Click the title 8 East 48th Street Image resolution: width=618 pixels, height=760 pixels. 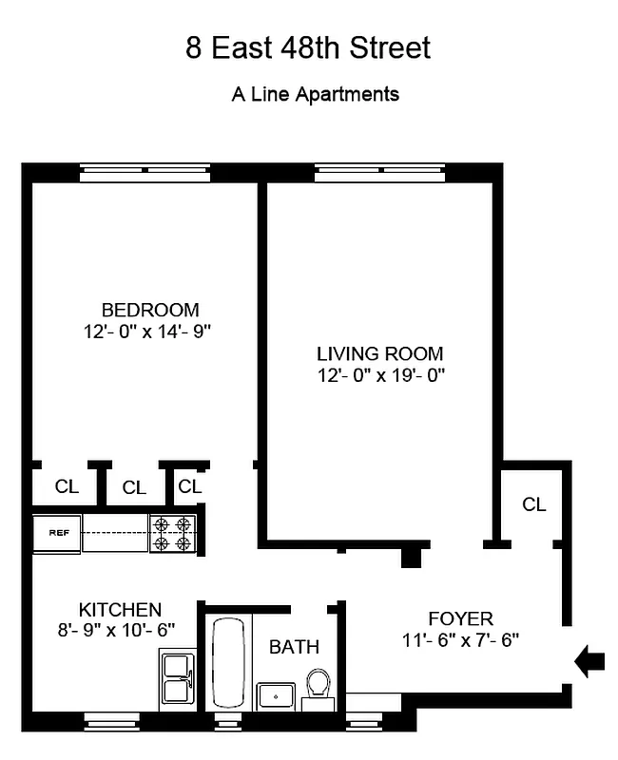click(308, 48)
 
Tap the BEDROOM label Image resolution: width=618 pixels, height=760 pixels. click(150, 310)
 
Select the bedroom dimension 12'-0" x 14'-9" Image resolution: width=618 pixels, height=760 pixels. click(150, 332)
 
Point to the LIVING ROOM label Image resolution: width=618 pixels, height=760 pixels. click(379, 353)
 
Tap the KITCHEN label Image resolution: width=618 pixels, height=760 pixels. click(120, 609)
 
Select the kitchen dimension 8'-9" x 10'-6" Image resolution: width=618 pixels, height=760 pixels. click(120, 628)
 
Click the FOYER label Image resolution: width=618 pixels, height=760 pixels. click(460, 619)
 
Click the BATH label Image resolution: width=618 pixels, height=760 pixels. click(294, 648)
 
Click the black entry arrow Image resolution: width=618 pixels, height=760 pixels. click(590, 660)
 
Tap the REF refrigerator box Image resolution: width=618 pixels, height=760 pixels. click(58, 533)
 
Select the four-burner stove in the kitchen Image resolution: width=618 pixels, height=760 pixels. click(172, 533)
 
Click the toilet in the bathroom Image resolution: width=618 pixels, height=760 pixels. click(319, 686)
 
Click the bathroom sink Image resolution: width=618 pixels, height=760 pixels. click(276, 694)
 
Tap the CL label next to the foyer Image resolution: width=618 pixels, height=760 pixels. click(534, 504)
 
